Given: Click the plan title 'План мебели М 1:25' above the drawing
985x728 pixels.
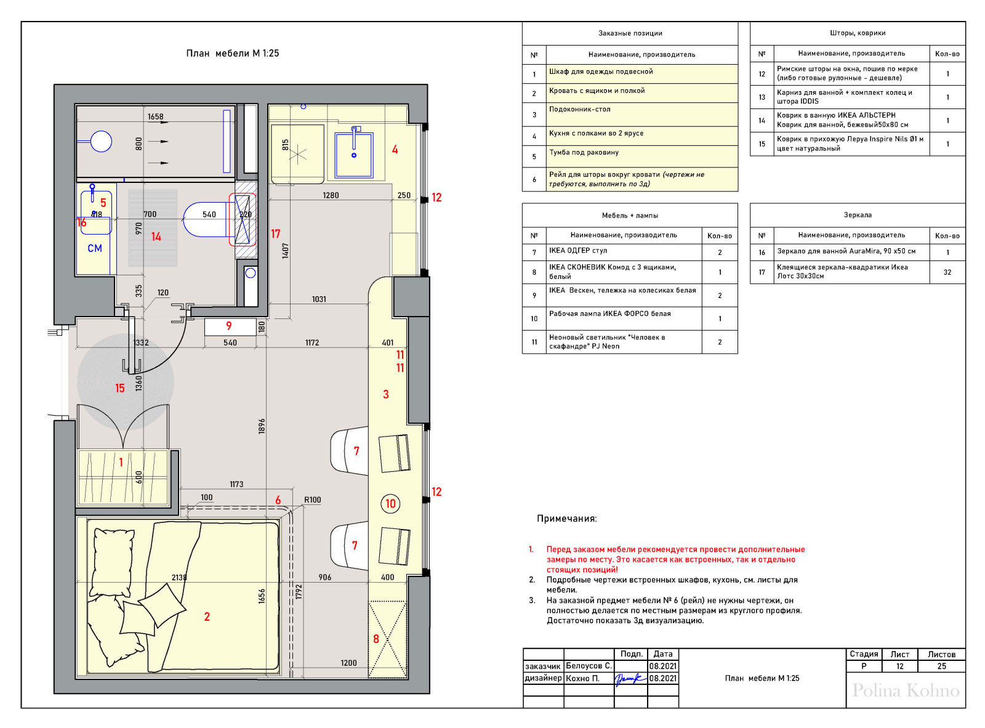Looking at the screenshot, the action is click(232, 54).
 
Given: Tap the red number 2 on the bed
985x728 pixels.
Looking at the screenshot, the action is click(207, 617).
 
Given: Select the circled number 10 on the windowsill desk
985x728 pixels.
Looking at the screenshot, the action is click(390, 504).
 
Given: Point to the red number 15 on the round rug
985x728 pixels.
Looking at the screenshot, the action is click(119, 388).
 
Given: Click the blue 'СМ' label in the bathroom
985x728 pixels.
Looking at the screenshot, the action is click(95, 248).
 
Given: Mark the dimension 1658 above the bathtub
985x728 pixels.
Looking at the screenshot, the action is click(155, 116).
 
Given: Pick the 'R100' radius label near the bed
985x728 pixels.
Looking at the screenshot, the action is click(312, 499).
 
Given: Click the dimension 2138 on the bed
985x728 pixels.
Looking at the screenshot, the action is click(179, 577).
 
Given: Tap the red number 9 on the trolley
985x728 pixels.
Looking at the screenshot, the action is click(229, 326).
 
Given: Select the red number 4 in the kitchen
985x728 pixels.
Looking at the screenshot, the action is click(395, 149).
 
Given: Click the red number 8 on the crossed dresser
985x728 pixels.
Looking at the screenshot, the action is click(376, 639).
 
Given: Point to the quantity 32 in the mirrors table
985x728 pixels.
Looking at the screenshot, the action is click(947, 272).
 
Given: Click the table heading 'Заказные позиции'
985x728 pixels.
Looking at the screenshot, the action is click(630, 33).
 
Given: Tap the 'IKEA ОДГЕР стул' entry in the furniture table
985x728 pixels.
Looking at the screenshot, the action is click(578, 251).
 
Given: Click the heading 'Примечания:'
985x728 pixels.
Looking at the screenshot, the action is click(566, 519).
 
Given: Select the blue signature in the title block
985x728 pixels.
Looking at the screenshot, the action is click(630, 678).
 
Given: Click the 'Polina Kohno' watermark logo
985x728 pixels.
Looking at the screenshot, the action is click(906, 690).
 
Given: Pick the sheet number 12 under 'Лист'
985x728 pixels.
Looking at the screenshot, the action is click(899, 666).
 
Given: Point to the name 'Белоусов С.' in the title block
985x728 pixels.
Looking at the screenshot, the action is click(589, 666).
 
